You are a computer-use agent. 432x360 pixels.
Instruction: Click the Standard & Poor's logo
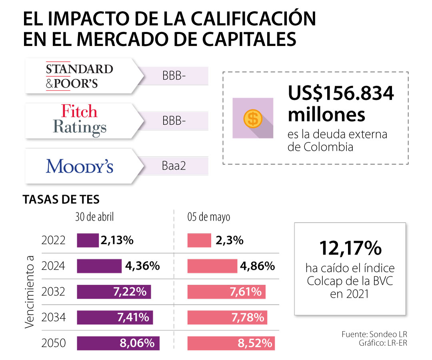[x=79, y=76]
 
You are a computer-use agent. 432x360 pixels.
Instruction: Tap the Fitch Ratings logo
[x=80, y=121]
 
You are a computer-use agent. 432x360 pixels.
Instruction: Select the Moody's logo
[x=80, y=166]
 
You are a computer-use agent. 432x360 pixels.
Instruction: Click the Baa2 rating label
[x=174, y=166]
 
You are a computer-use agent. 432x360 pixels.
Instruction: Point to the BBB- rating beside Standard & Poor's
[x=174, y=76]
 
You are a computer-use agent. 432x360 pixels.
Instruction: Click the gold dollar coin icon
[x=253, y=118]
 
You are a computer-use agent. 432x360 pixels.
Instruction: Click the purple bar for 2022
[x=88, y=240]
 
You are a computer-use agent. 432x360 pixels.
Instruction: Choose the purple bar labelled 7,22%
[x=114, y=292]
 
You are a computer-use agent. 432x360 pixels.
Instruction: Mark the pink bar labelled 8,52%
[x=231, y=343]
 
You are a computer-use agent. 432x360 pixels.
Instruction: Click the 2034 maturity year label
[x=54, y=318]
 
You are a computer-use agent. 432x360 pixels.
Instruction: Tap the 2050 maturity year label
[x=54, y=343]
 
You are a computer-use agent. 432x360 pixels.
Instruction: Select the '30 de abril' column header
[x=94, y=217]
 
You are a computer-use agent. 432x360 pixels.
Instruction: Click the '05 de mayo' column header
[x=209, y=217]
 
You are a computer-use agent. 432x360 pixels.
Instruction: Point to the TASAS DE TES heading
[x=61, y=199]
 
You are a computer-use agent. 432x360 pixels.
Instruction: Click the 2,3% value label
[x=229, y=240]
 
